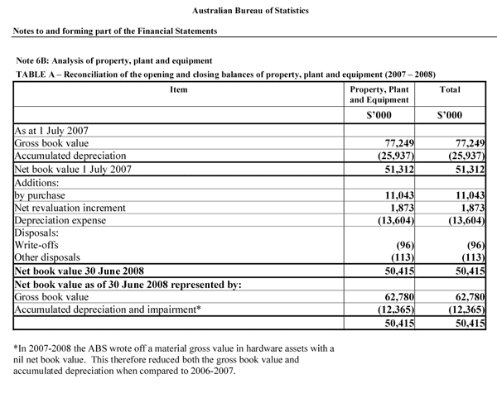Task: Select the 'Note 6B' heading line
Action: pyautogui.click(x=113, y=60)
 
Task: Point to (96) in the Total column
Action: pyautogui.click(x=470, y=245)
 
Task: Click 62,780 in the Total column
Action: pyautogui.click(x=466, y=296)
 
